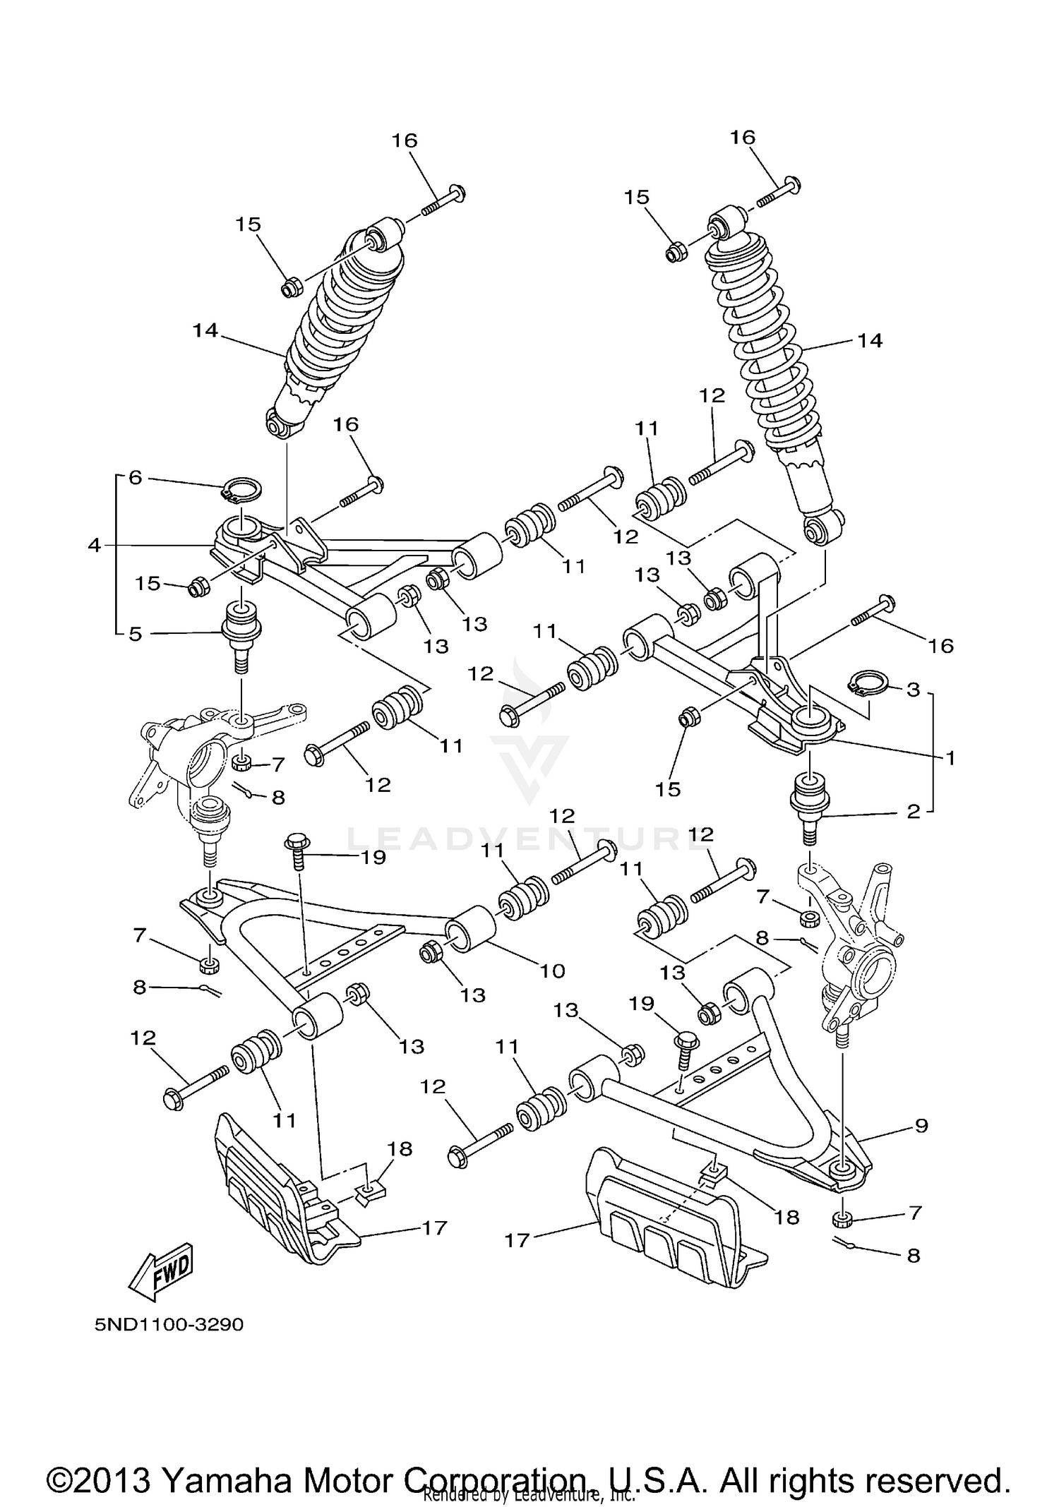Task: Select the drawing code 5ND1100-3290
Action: click(169, 1324)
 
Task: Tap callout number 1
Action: click(950, 758)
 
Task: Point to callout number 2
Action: click(914, 812)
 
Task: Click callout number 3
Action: click(914, 689)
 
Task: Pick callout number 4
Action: click(95, 545)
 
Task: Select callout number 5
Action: click(136, 633)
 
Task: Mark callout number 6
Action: click(135, 478)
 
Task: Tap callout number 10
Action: click(552, 971)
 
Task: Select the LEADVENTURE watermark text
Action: click(522, 840)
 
